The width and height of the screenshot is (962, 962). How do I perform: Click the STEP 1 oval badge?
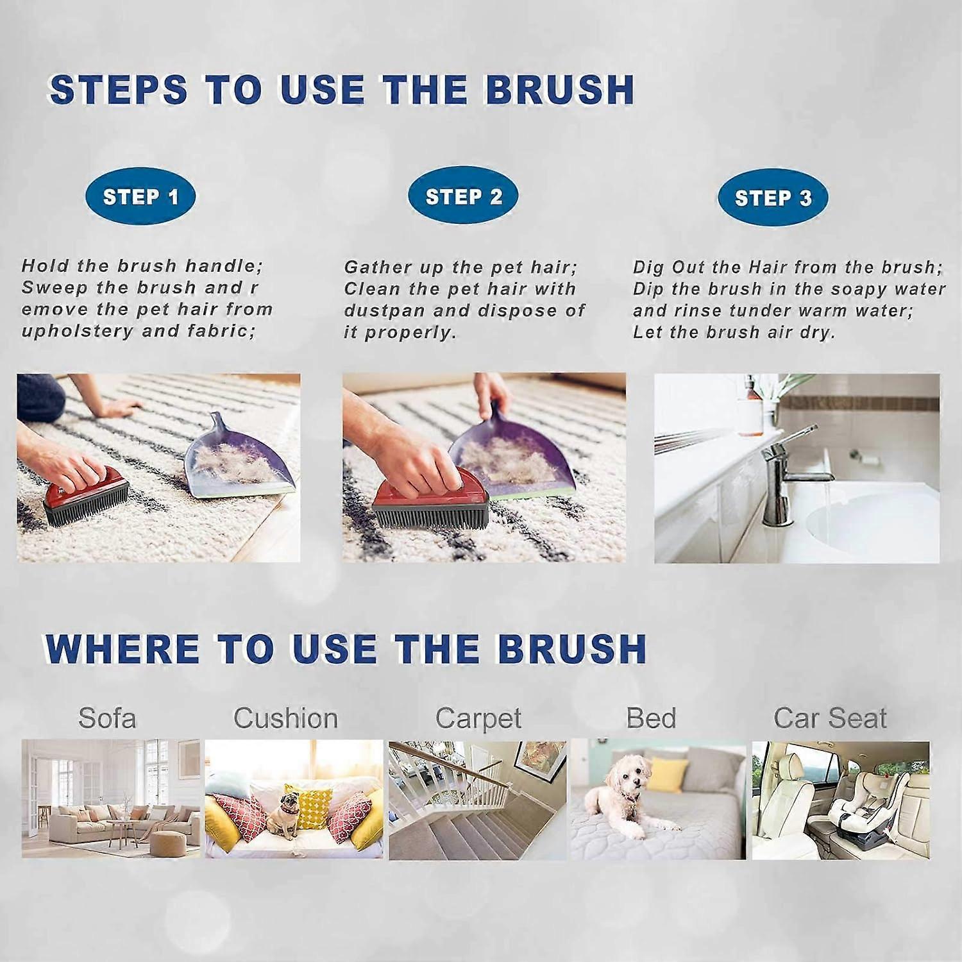point(140,196)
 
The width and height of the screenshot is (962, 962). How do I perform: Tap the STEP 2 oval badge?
point(463,196)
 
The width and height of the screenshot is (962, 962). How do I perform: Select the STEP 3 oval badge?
point(773,198)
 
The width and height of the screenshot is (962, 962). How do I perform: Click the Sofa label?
point(107,718)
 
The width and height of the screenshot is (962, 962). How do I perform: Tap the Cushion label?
point(286,718)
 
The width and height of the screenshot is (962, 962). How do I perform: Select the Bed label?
point(651,718)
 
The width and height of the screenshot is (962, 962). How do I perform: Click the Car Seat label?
point(831,718)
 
